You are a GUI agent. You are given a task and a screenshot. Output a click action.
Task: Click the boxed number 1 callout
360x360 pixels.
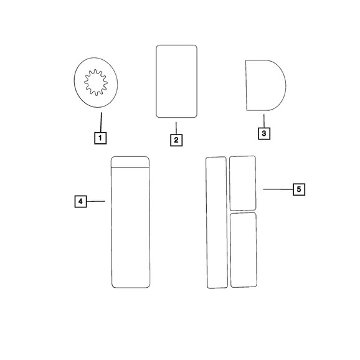[100, 138]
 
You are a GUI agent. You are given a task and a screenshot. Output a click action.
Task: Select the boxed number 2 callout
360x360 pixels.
[176, 140]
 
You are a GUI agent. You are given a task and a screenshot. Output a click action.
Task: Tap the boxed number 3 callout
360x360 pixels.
[264, 133]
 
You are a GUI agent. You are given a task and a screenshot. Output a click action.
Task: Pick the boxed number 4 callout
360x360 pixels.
[80, 201]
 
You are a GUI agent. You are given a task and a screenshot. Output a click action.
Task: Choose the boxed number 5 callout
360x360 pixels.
[299, 189]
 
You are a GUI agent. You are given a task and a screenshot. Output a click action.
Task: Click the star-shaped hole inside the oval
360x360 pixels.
[96, 82]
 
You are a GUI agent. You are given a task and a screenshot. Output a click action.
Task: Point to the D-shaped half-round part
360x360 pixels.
[265, 85]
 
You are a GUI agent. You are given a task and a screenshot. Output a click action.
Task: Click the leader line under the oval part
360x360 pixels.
[101, 122]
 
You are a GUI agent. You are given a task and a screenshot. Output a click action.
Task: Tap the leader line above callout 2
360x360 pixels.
[176, 128]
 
